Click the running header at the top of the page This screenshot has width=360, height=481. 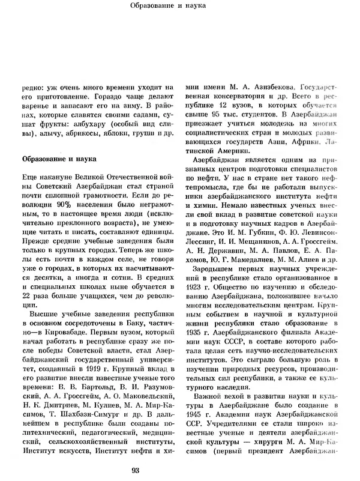pyautogui.click(x=179, y=7)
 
